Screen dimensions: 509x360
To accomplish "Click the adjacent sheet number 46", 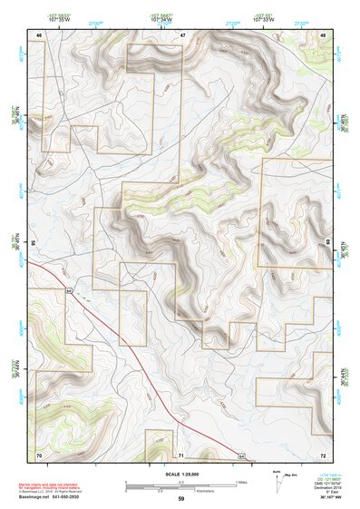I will tap(38, 34).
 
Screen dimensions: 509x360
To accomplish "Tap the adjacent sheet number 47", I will tap(182, 34).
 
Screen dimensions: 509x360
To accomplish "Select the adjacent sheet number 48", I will tap(324, 34).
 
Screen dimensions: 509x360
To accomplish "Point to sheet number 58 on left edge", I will tap(33, 243).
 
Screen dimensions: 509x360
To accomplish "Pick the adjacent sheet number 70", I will tap(38, 453).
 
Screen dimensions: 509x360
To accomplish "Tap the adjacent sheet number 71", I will tap(181, 453).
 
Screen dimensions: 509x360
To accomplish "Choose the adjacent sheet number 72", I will tap(323, 453).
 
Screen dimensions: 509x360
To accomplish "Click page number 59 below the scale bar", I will tap(180, 499).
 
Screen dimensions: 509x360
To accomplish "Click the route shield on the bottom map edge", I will tap(241, 452).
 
